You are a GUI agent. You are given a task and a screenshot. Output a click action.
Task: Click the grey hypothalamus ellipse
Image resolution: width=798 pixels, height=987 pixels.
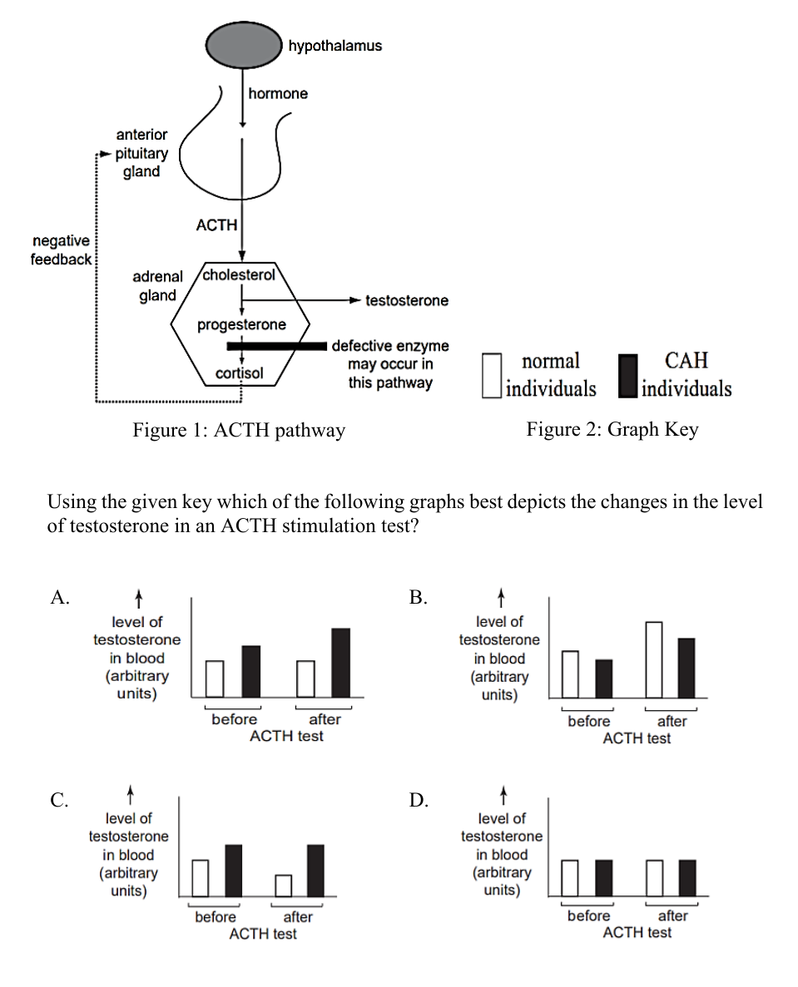pos(244,46)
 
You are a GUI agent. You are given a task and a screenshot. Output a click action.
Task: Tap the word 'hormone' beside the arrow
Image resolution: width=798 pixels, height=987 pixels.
pos(278,94)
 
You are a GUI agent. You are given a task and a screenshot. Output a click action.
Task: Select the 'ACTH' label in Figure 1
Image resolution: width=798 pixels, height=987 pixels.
pos(216,225)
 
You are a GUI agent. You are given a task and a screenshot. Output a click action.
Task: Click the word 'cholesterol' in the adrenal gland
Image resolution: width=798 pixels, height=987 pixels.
pos(239,274)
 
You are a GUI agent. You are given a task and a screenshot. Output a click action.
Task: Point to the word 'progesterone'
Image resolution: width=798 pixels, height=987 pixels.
pos(241,325)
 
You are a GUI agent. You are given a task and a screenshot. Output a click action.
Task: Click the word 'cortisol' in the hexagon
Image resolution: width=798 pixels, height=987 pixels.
pos(240,373)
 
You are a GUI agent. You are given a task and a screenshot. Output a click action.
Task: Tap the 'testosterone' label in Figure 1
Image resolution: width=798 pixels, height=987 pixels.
pos(407,301)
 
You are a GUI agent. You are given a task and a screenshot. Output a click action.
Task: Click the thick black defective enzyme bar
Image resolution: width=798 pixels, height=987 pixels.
pos(276,346)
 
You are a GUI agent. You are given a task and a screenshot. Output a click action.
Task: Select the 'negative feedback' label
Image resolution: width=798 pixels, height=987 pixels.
pos(61,250)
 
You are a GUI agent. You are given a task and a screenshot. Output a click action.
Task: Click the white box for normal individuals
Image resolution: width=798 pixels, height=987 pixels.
pos(492,375)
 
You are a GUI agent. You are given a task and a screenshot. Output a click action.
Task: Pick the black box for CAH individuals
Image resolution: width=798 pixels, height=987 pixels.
pos(628,376)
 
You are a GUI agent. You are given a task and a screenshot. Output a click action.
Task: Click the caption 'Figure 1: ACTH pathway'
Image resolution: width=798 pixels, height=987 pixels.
pos(239,430)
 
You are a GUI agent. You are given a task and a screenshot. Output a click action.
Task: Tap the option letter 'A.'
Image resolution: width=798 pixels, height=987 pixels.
pos(60,597)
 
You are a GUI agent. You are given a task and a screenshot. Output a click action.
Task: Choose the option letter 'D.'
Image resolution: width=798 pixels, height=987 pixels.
pos(419,800)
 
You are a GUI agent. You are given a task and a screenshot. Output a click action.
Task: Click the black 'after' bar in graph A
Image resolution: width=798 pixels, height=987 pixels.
pos(340,663)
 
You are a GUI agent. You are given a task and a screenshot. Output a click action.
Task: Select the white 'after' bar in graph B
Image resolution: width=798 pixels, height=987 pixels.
pos(654,659)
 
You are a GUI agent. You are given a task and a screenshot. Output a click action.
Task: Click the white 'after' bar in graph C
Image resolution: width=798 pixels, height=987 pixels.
pos(284,886)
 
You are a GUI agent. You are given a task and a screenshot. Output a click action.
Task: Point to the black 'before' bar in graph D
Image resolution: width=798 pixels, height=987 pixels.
pos(603,878)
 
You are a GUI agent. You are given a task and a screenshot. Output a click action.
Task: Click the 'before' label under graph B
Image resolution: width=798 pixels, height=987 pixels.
pos(589,722)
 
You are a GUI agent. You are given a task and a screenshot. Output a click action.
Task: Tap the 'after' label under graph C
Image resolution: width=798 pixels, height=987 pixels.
pos(298,917)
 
